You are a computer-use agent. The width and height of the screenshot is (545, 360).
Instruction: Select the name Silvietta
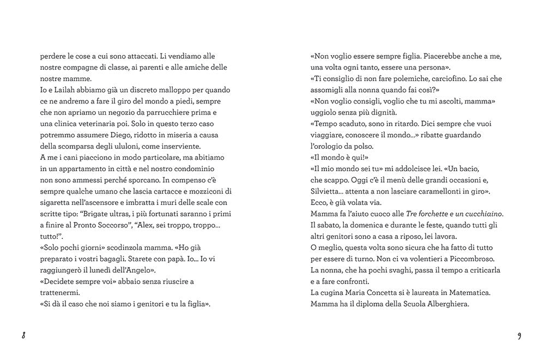(x=329, y=191)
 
